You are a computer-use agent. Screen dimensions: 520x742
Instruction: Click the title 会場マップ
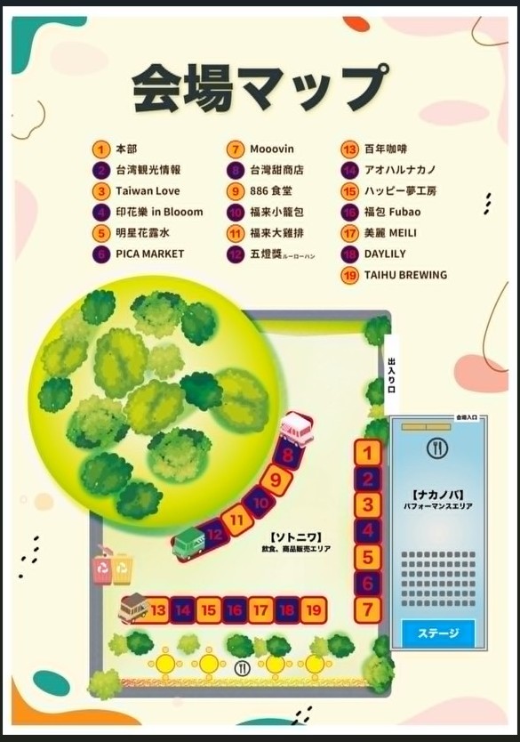[260, 86]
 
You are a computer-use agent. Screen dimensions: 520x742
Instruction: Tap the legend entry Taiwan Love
[147, 190]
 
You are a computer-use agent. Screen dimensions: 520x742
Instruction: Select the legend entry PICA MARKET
[149, 254]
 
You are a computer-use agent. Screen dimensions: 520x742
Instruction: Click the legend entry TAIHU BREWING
[404, 275]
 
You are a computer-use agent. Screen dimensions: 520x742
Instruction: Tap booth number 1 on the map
[367, 453]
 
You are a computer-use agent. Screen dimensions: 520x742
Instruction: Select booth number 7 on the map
[367, 609]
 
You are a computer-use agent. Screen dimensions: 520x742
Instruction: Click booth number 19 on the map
[313, 609]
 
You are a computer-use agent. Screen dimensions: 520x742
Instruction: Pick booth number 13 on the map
[158, 609]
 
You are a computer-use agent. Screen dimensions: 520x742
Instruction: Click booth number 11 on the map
[236, 519]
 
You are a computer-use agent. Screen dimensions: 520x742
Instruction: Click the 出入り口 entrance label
[390, 375]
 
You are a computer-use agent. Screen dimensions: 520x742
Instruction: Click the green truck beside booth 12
[189, 542]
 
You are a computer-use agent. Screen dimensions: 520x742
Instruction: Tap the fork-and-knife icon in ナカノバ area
[436, 448]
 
